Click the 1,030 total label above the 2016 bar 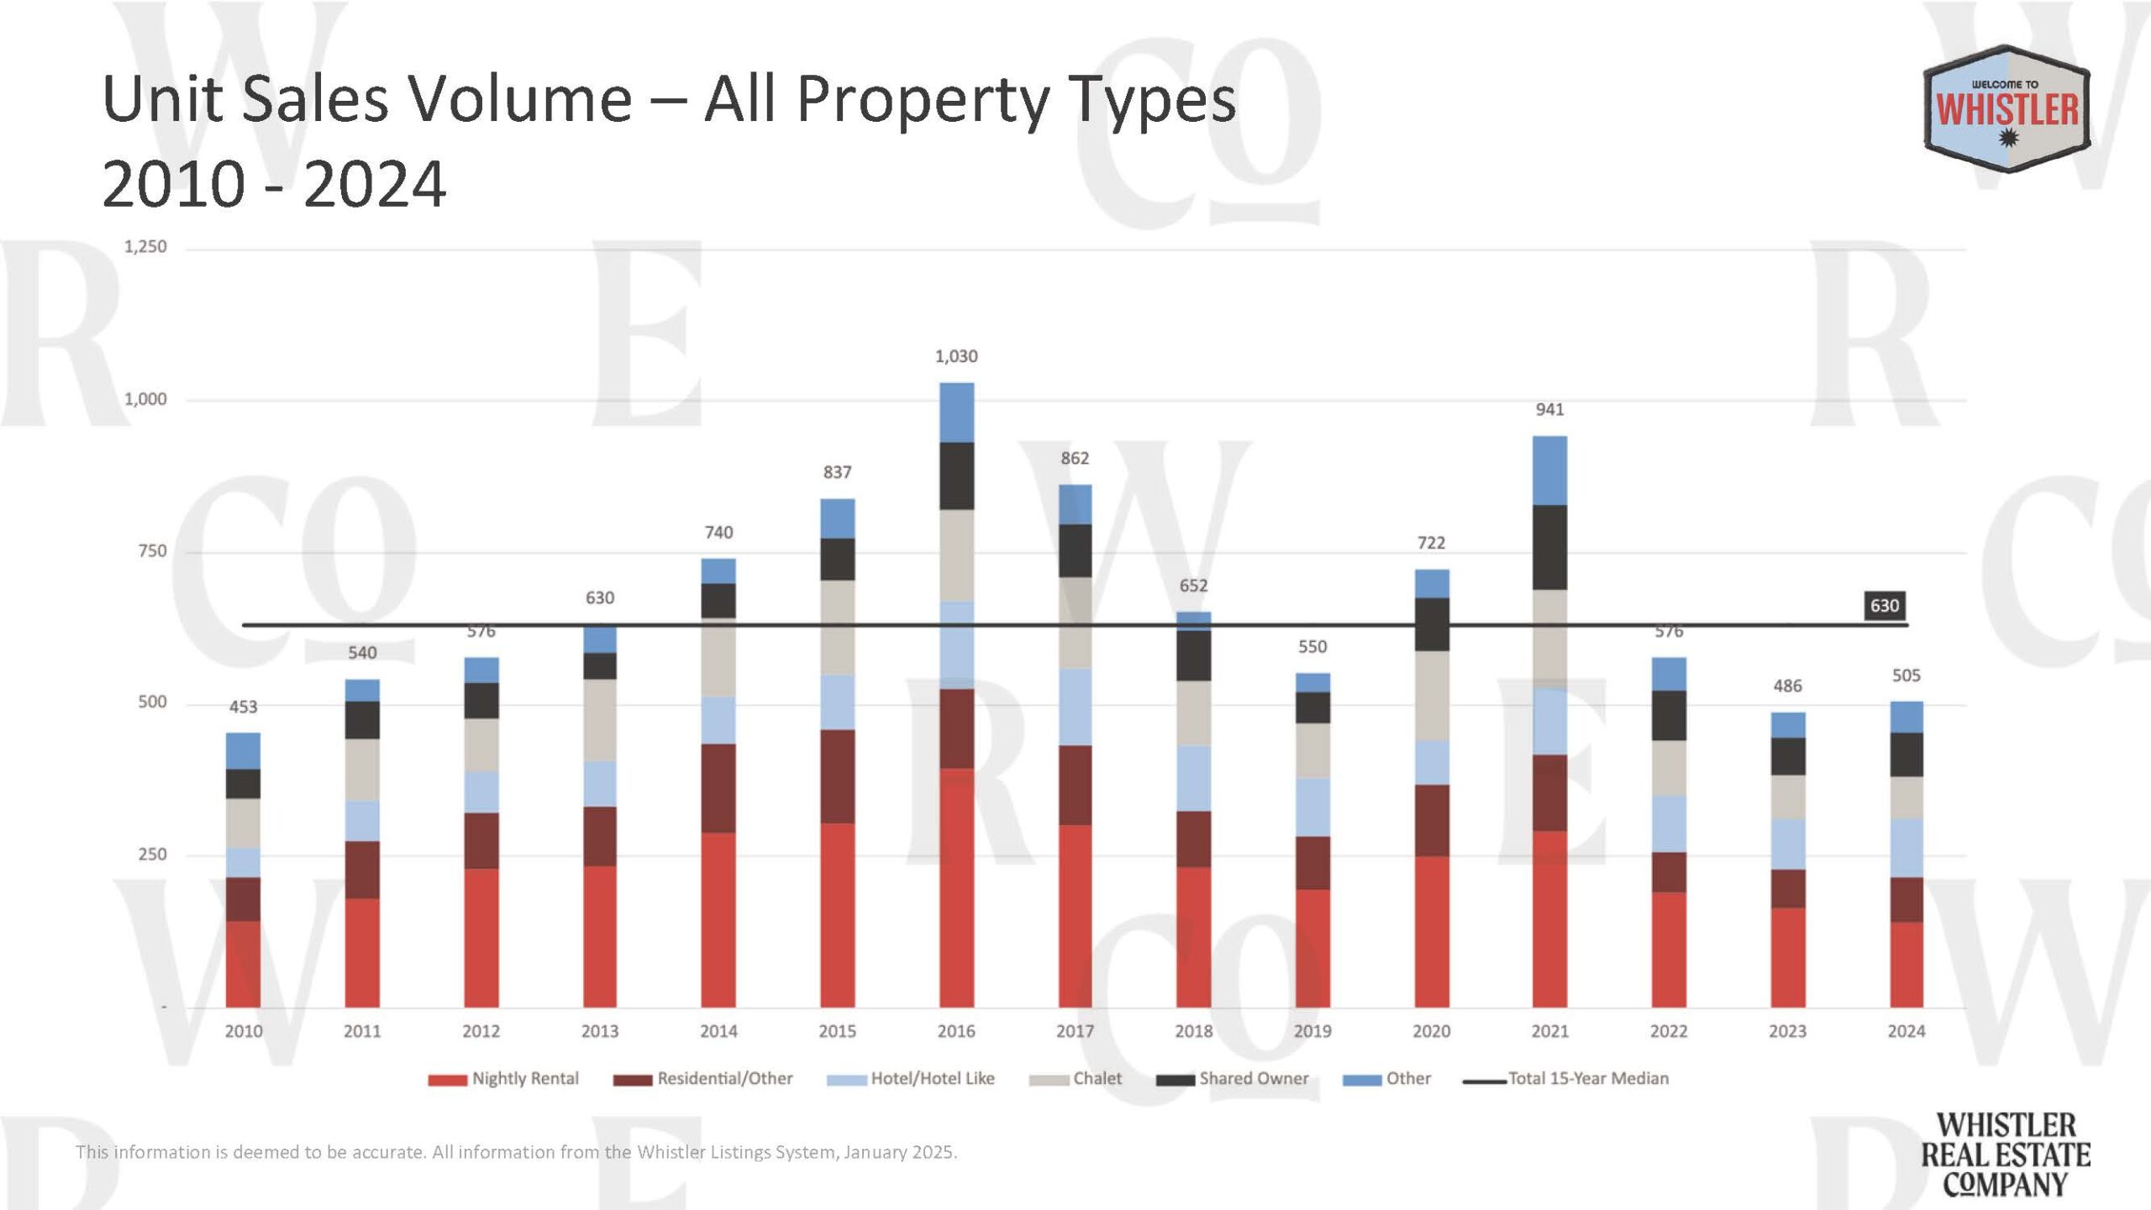[956, 356]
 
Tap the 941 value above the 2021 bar [1549, 409]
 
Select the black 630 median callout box [1884, 606]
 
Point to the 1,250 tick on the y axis [145, 247]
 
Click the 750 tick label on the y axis [152, 551]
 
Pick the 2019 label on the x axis [1312, 1031]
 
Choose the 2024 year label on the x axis [1906, 1031]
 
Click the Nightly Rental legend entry [504, 1079]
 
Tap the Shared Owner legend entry [1233, 1079]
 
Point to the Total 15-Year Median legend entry [1567, 1079]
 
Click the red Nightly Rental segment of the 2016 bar [956, 886]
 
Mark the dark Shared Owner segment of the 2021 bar [1549, 547]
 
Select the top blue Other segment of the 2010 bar [243, 750]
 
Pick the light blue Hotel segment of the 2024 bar [1906, 847]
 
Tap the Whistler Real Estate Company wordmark [2005, 1155]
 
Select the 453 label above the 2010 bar [243, 707]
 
